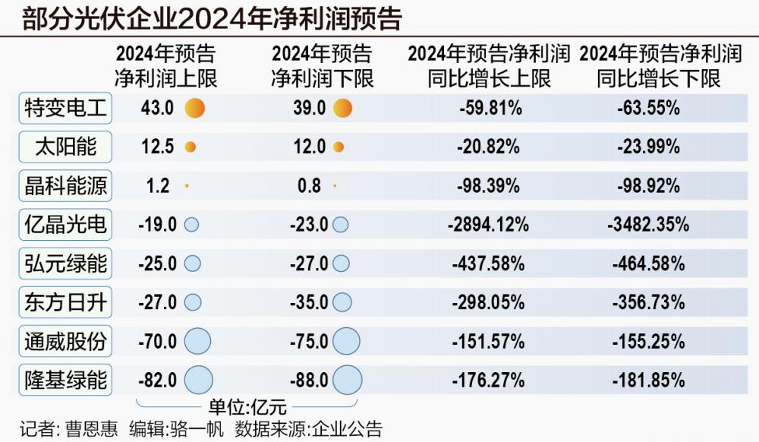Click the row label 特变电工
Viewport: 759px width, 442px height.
click(x=65, y=109)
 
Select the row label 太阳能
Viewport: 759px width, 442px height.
click(x=65, y=147)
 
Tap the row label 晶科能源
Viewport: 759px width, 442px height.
click(x=65, y=186)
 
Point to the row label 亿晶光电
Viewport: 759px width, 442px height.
click(x=65, y=225)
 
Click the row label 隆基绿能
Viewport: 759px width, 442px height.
click(x=65, y=380)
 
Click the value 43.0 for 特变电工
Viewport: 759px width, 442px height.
click(x=158, y=109)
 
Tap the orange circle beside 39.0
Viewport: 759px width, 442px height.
click(x=342, y=109)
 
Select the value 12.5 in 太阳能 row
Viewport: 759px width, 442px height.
click(x=158, y=147)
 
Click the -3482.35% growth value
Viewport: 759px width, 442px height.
click(x=648, y=225)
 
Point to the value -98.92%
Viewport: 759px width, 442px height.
click(x=648, y=186)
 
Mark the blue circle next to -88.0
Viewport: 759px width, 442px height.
click(x=348, y=380)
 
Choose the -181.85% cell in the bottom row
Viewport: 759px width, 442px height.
click(x=648, y=380)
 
